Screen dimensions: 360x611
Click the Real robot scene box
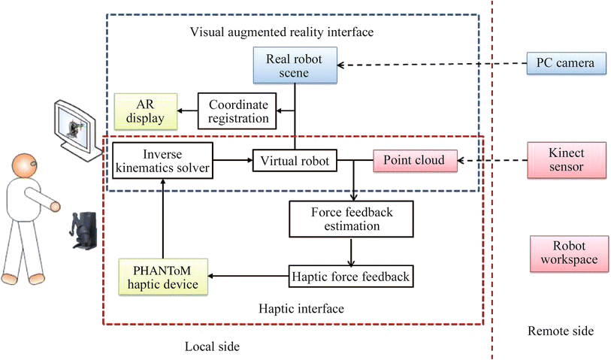pos(294,65)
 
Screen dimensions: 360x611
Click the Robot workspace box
pos(565,254)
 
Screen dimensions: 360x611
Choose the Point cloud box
pos(408,160)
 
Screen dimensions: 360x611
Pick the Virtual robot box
pos(294,160)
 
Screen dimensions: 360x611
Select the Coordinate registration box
pos(238,111)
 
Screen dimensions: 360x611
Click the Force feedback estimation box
pos(352,218)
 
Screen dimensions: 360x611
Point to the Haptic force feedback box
pos(351,277)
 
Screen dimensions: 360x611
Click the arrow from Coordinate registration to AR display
pos(187,111)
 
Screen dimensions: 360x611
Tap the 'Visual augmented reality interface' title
pos(282,32)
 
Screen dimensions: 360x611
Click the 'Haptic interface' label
pos(292,308)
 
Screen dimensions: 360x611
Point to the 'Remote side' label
pos(560,331)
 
